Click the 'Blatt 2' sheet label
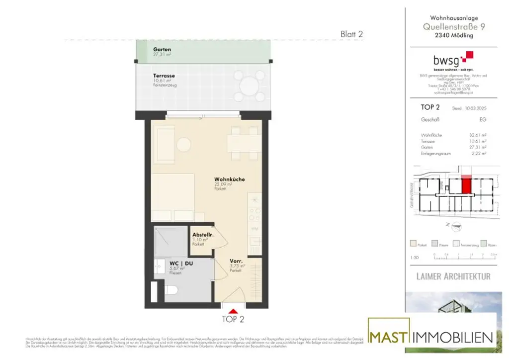(x=351, y=34)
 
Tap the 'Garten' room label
(x=162, y=50)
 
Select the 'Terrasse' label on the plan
(x=164, y=76)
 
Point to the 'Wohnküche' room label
(x=229, y=180)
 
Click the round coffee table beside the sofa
(x=184, y=145)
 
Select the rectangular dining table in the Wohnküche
(x=244, y=143)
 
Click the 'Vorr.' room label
(x=236, y=261)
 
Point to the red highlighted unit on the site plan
(x=466, y=185)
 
